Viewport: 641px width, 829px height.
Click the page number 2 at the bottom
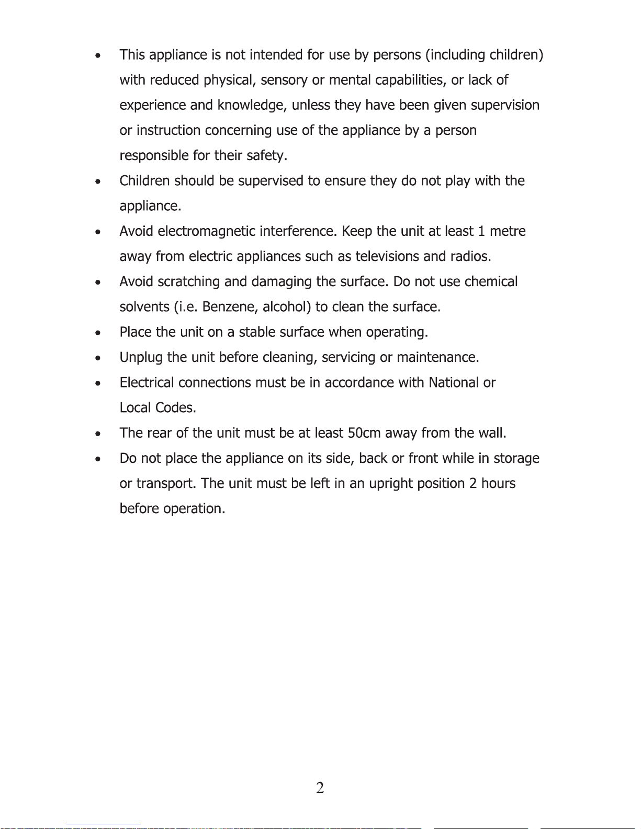click(320, 788)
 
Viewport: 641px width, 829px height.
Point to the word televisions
click(387, 256)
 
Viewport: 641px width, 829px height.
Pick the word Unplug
click(141, 358)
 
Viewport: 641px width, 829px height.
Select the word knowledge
click(252, 106)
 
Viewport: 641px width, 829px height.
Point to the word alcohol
click(287, 306)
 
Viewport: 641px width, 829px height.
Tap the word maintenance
click(437, 357)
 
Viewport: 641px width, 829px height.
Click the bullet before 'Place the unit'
click(98, 333)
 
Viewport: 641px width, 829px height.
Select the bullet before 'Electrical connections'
click(98, 383)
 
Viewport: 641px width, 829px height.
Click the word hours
click(498, 483)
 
